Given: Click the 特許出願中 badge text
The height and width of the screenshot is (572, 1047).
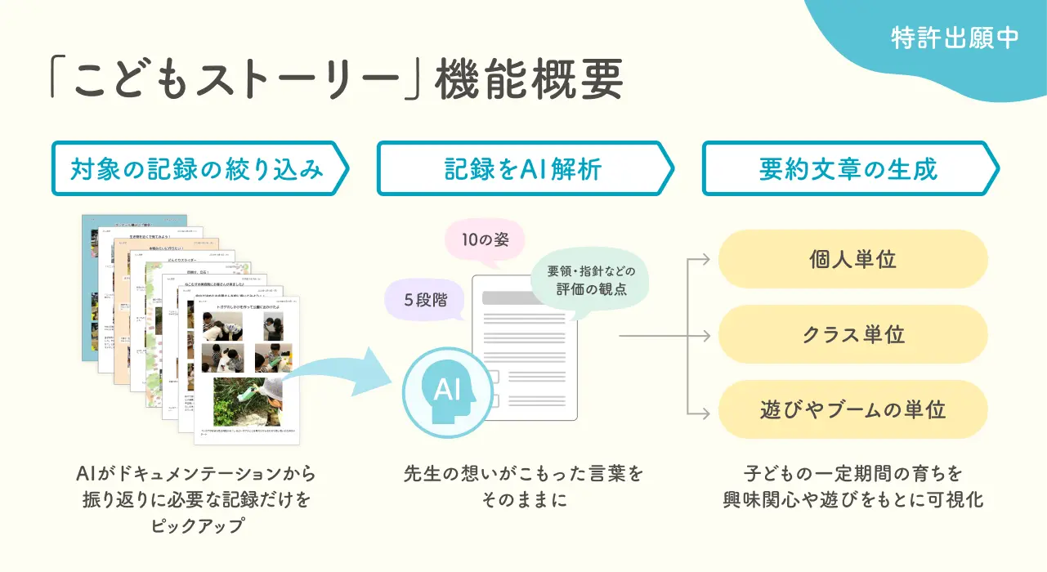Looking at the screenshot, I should (955, 38).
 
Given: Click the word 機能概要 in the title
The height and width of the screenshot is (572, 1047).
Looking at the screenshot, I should (530, 82).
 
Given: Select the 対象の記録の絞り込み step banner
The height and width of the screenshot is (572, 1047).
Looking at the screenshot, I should (199, 169).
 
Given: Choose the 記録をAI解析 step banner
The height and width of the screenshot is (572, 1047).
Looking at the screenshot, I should (523, 169).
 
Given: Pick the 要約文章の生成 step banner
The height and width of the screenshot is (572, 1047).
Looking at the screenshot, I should (848, 169).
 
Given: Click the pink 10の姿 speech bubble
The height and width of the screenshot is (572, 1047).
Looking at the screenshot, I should (484, 242).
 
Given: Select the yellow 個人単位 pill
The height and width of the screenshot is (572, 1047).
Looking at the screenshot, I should (852, 260).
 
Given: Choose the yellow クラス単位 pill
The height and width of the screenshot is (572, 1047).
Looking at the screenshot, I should (852, 334).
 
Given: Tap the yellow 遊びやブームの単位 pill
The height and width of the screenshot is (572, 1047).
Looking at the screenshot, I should (852, 409).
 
